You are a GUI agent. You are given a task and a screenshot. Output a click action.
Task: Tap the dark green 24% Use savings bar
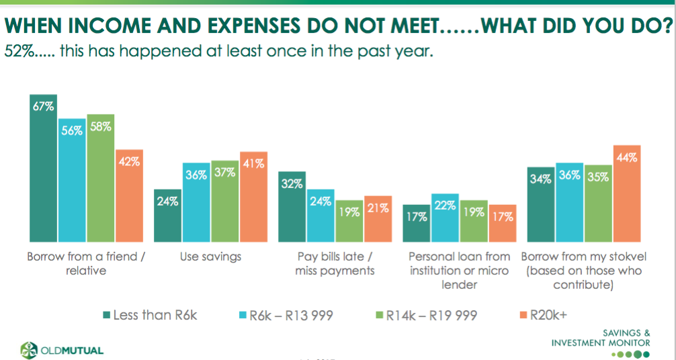[x=168, y=216]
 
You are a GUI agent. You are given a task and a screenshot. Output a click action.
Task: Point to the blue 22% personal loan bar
[x=445, y=218]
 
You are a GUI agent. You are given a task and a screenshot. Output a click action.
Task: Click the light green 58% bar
[x=101, y=178]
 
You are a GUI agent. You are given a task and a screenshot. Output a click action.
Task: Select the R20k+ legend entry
[x=548, y=314]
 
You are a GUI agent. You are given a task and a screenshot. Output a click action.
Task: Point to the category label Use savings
[x=211, y=257]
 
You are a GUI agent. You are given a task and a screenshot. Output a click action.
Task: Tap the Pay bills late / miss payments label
[x=334, y=263]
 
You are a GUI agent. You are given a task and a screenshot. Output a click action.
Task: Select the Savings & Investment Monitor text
[x=601, y=338]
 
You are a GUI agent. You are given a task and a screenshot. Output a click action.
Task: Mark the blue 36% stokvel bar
[x=569, y=202]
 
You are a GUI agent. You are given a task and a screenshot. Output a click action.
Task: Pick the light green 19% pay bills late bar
[x=349, y=221]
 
